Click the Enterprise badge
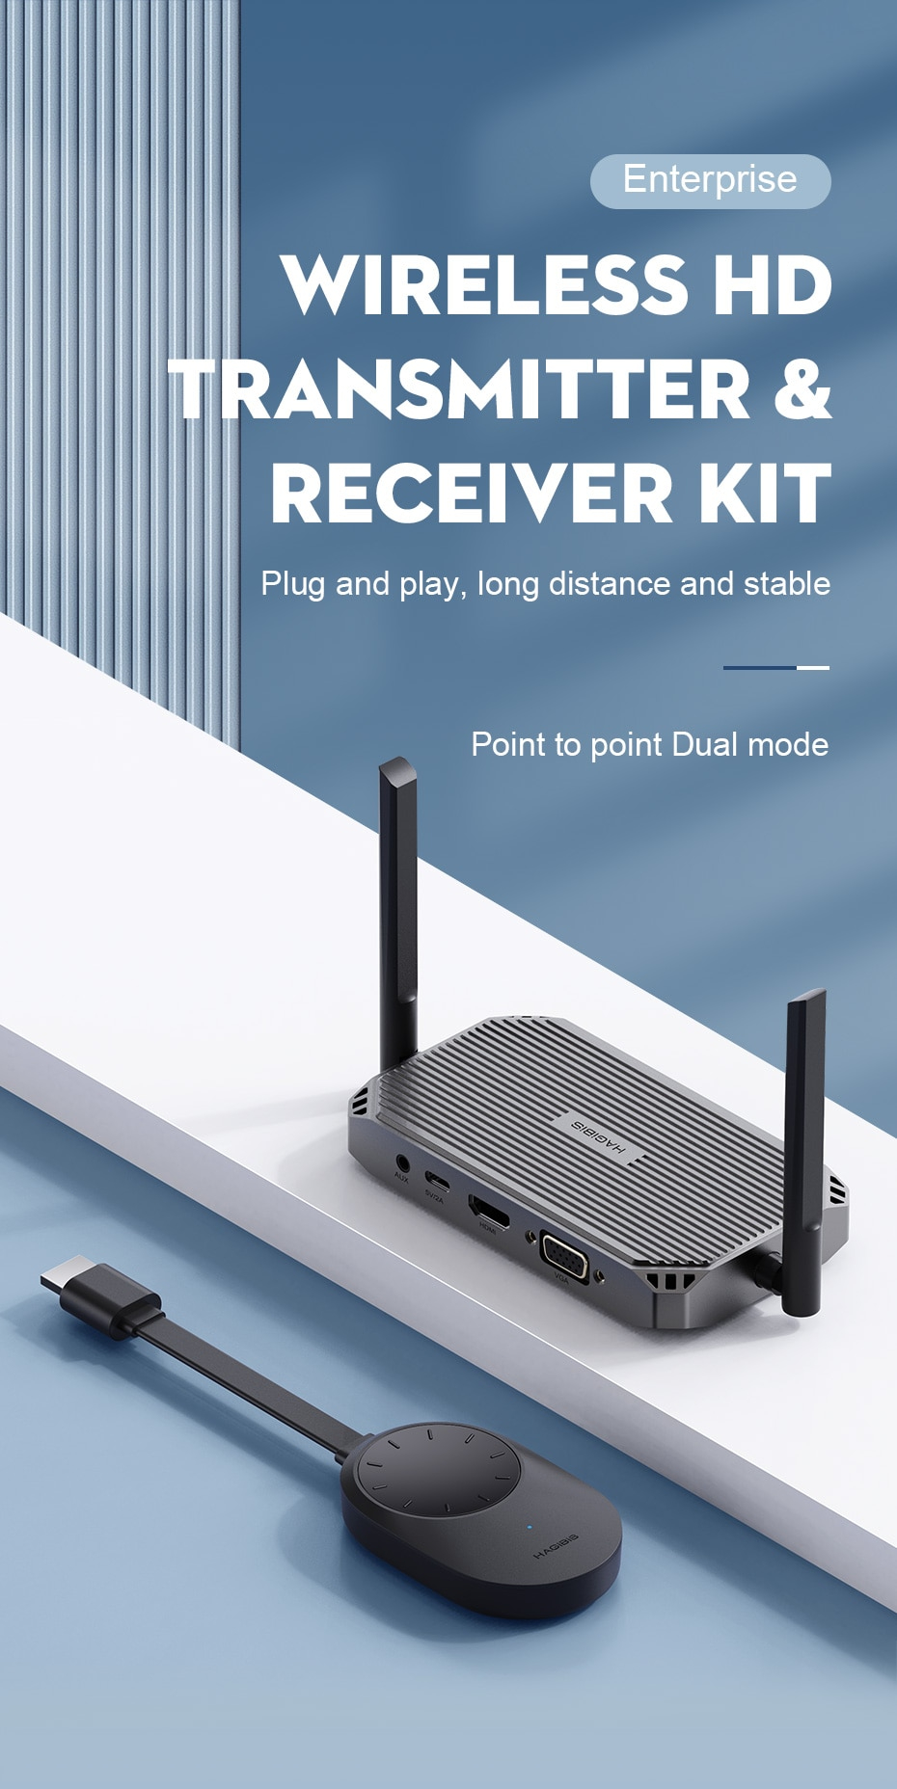click(x=710, y=180)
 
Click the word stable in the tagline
click(x=787, y=584)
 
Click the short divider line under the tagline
click(x=775, y=667)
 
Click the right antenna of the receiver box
click(x=804, y=1147)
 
